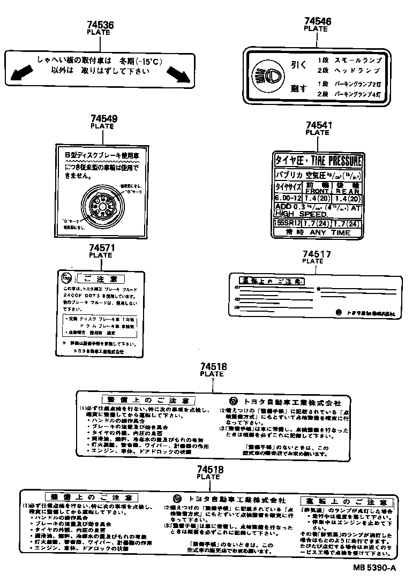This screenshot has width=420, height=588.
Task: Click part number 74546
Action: coord(318,21)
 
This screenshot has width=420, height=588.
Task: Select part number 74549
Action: coord(104,119)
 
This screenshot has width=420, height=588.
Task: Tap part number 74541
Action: coord(319,125)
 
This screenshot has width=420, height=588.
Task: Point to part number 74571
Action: coord(101,248)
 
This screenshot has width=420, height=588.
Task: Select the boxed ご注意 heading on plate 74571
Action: coord(101,278)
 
